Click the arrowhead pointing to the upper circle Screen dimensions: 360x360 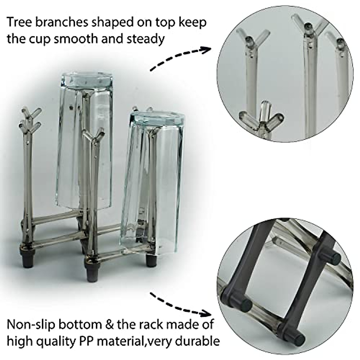click(x=206, y=49)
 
